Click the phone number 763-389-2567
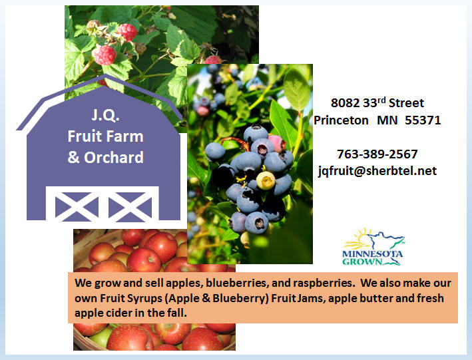[x=377, y=154]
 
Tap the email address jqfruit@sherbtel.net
[x=377, y=171]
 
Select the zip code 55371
[x=423, y=120]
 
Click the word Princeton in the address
[x=341, y=120]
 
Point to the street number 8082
[x=346, y=103]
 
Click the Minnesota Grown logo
[x=373, y=247]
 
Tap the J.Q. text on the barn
[x=105, y=114]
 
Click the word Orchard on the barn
[x=114, y=158]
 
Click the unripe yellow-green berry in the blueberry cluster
[x=266, y=180]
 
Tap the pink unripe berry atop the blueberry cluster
[x=277, y=143]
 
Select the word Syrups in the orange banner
[x=144, y=299]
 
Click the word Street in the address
[x=406, y=103]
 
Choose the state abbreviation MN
[x=387, y=120]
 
